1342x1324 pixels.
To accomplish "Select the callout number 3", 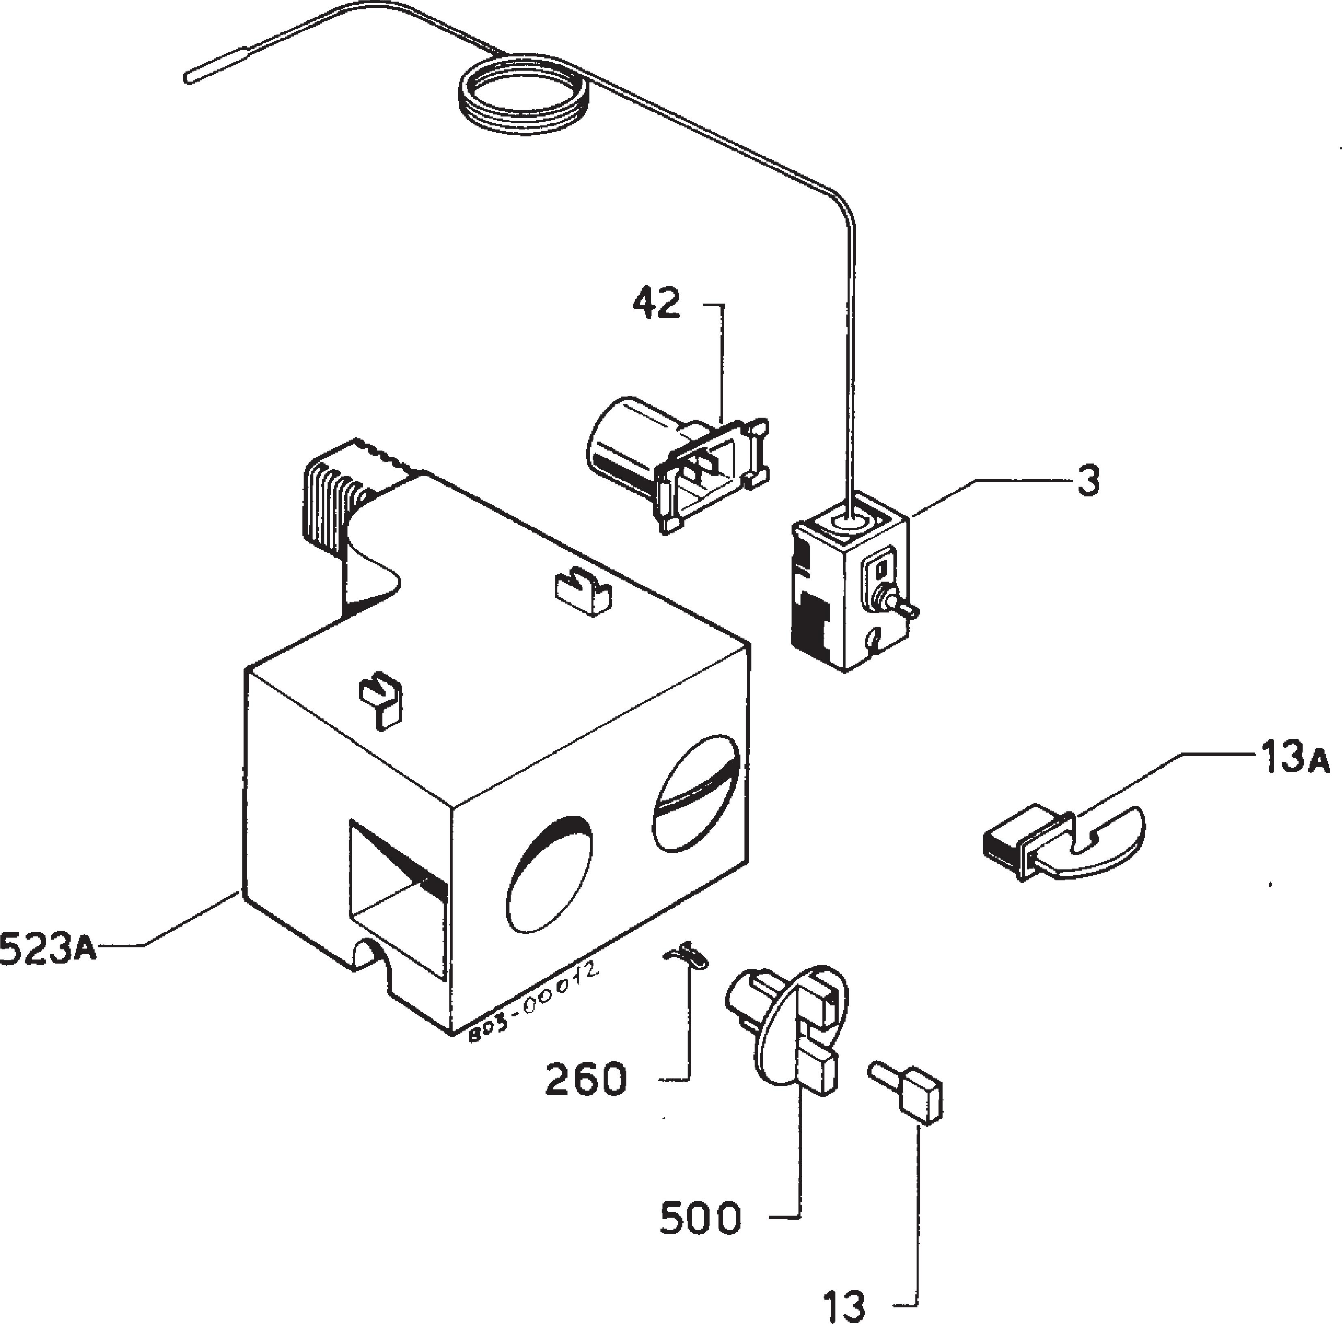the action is (1088, 481).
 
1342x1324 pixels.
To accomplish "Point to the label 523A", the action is (47, 949).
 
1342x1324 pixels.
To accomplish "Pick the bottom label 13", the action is (845, 1306).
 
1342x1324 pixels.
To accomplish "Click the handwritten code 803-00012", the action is (533, 1003).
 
